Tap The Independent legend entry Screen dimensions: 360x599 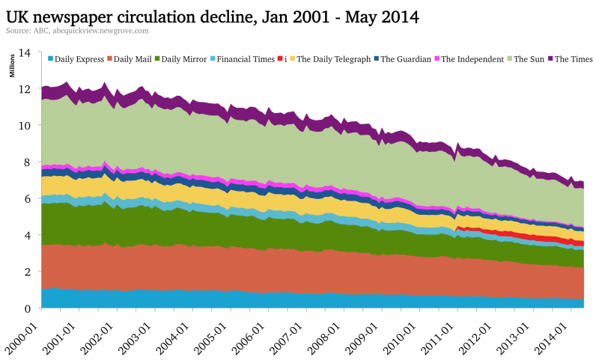coord(475,58)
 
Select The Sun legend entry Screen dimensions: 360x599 coord(527,58)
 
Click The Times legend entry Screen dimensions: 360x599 coord(571,58)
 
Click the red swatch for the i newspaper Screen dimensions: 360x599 coord(280,58)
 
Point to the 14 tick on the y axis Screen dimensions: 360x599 coord(25,53)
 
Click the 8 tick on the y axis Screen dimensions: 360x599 coord(27,162)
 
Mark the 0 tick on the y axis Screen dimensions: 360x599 coord(27,308)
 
